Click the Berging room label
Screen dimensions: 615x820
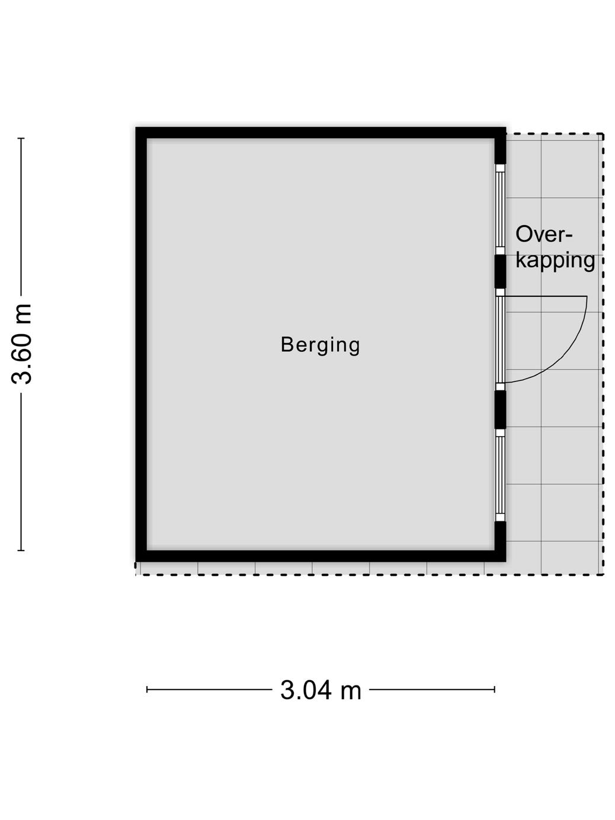(320, 345)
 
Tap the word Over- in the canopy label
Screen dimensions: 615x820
(544, 235)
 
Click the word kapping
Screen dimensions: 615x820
(555, 260)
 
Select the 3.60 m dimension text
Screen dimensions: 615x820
(23, 344)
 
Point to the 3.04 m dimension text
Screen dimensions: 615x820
(321, 690)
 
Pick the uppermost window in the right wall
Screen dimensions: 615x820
(500, 209)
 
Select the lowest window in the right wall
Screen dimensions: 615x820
(500, 475)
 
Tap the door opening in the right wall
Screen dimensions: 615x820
(500, 339)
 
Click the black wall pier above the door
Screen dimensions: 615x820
(500, 271)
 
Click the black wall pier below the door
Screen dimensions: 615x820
(500, 409)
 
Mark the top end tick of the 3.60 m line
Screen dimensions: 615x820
(21, 138)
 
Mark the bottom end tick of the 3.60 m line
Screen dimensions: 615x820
(21, 550)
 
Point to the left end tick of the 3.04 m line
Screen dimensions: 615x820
(147, 689)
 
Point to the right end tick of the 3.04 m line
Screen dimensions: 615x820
(495, 689)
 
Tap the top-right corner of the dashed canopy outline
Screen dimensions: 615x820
(603, 134)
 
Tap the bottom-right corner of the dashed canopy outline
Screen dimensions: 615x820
(603, 574)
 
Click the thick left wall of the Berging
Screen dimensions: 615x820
(142, 344)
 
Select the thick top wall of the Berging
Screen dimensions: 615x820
(320, 133)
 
